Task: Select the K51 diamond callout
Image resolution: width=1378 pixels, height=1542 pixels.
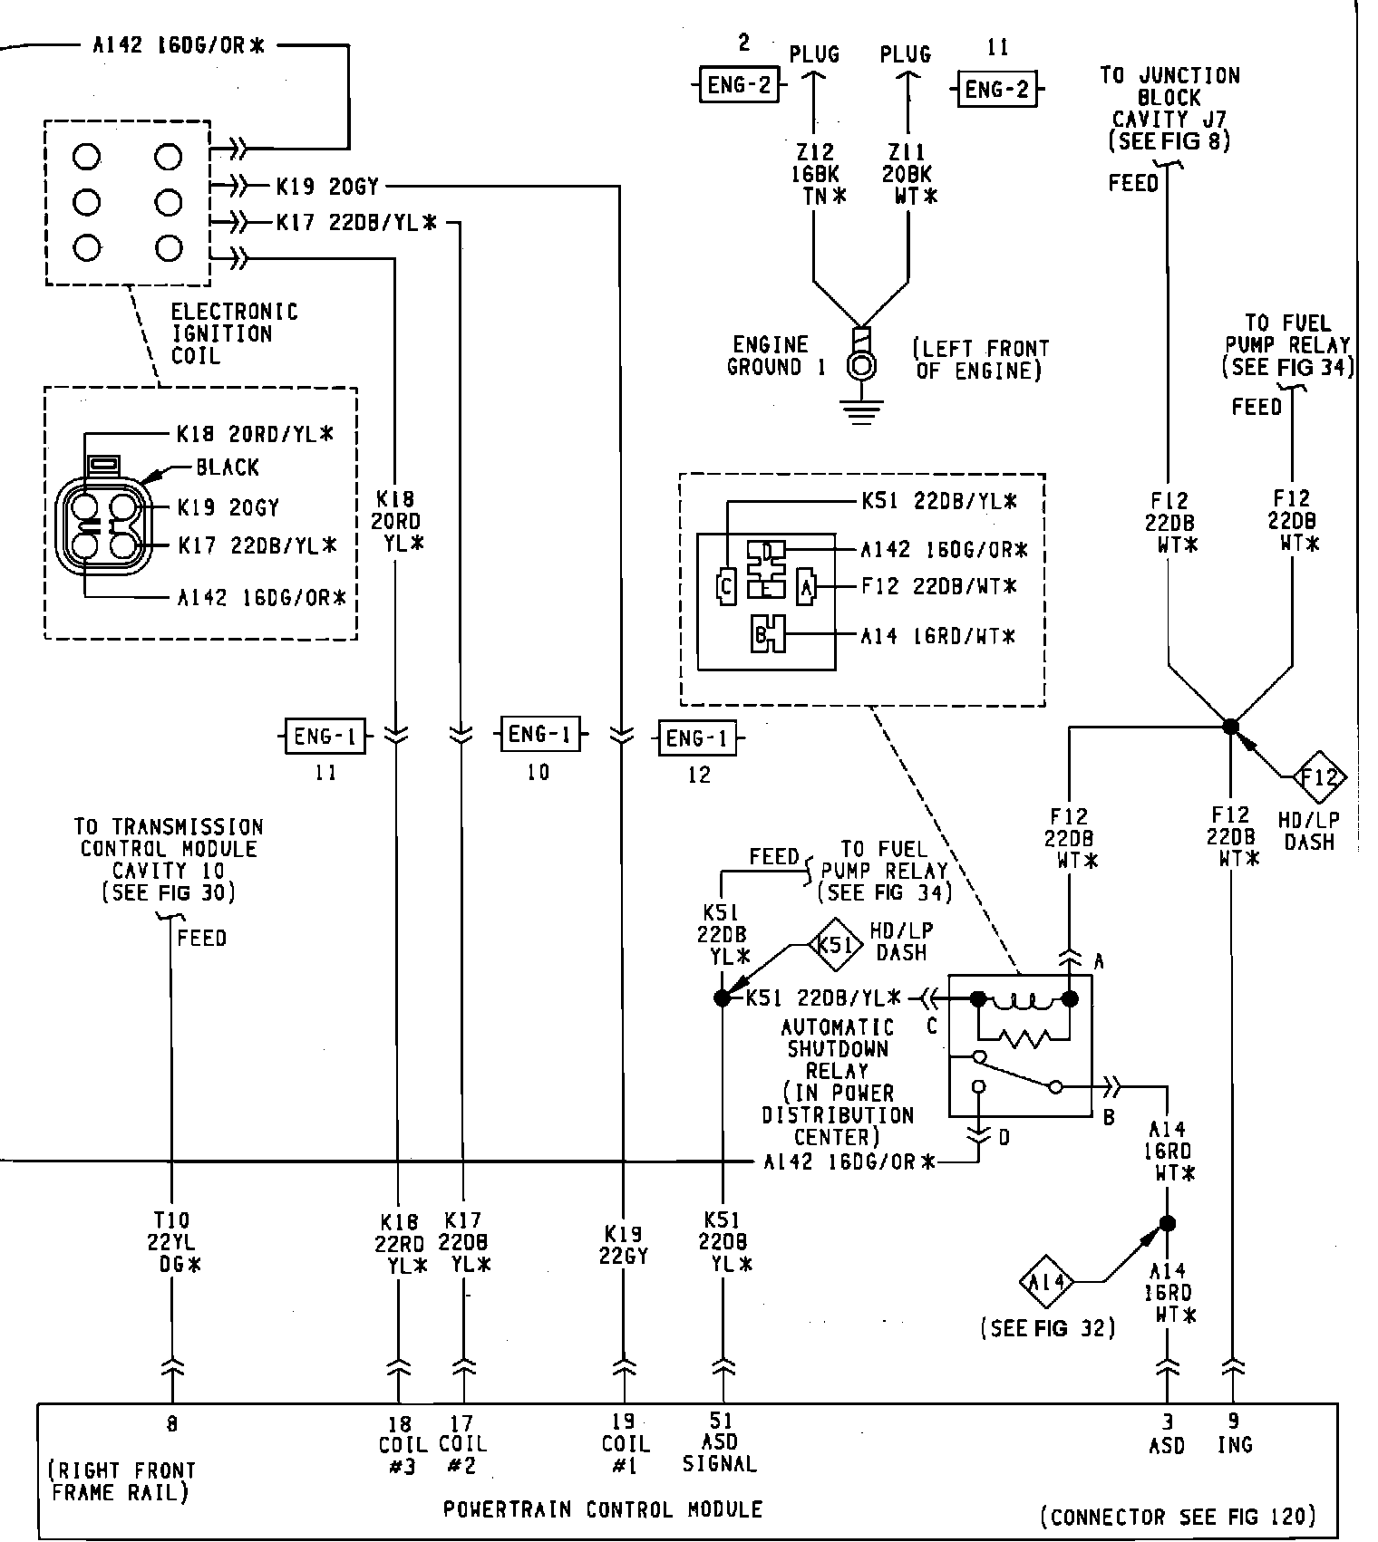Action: click(x=834, y=945)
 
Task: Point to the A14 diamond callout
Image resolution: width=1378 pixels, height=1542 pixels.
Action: click(x=1046, y=1282)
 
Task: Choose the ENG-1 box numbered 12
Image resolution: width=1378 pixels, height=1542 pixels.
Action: click(x=696, y=738)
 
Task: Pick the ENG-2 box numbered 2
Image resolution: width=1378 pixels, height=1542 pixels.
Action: click(x=739, y=85)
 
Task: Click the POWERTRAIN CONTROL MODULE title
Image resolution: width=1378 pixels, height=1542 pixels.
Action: click(x=603, y=1509)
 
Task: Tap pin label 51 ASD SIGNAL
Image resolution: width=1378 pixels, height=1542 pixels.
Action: click(x=721, y=1442)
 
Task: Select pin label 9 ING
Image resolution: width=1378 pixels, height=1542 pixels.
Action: click(x=1234, y=1434)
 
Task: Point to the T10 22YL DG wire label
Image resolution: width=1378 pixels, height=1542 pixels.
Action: click(x=171, y=1242)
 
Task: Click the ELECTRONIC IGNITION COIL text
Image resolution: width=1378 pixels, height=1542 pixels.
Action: click(x=233, y=334)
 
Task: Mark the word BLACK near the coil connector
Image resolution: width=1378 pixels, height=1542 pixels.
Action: click(x=228, y=467)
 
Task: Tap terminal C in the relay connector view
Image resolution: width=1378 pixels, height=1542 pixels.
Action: click(x=725, y=586)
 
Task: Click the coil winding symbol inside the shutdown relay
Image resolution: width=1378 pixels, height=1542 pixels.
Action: click(x=1024, y=1001)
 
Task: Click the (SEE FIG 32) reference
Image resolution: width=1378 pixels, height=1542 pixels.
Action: click(x=1047, y=1328)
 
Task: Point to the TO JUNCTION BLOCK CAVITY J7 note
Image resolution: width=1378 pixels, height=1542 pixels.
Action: click(x=1169, y=108)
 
